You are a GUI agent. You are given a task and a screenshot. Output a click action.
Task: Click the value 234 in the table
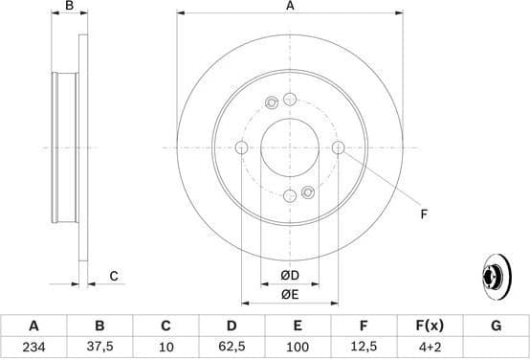[34, 347]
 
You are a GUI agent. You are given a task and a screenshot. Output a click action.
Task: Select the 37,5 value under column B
[99, 347]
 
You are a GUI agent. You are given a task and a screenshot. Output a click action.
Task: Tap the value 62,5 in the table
[232, 347]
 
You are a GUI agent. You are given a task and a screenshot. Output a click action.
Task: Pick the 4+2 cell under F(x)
[429, 347]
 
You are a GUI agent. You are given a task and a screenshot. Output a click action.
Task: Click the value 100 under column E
[297, 347]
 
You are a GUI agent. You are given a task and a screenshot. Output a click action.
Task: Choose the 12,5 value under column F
[363, 347]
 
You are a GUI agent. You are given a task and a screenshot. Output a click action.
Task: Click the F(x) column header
[429, 326]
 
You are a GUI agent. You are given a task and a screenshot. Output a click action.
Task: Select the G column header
[496, 326]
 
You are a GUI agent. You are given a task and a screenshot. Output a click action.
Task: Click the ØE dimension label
[290, 295]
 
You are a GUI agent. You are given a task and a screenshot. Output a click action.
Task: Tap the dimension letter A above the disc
[290, 7]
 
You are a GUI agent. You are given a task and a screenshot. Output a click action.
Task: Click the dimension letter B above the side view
[69, 7]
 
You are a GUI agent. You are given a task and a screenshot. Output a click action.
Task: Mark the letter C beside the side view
[113, 277]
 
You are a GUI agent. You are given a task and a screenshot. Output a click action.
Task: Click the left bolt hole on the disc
[241, 147]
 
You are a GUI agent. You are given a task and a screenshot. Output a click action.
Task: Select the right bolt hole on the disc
[339, 147]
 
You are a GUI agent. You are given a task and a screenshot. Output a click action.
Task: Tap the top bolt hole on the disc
[290, 99]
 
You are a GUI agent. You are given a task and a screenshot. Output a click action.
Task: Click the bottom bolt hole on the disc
[290, 196]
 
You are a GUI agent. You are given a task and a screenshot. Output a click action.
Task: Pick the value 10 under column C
[166, 347]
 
